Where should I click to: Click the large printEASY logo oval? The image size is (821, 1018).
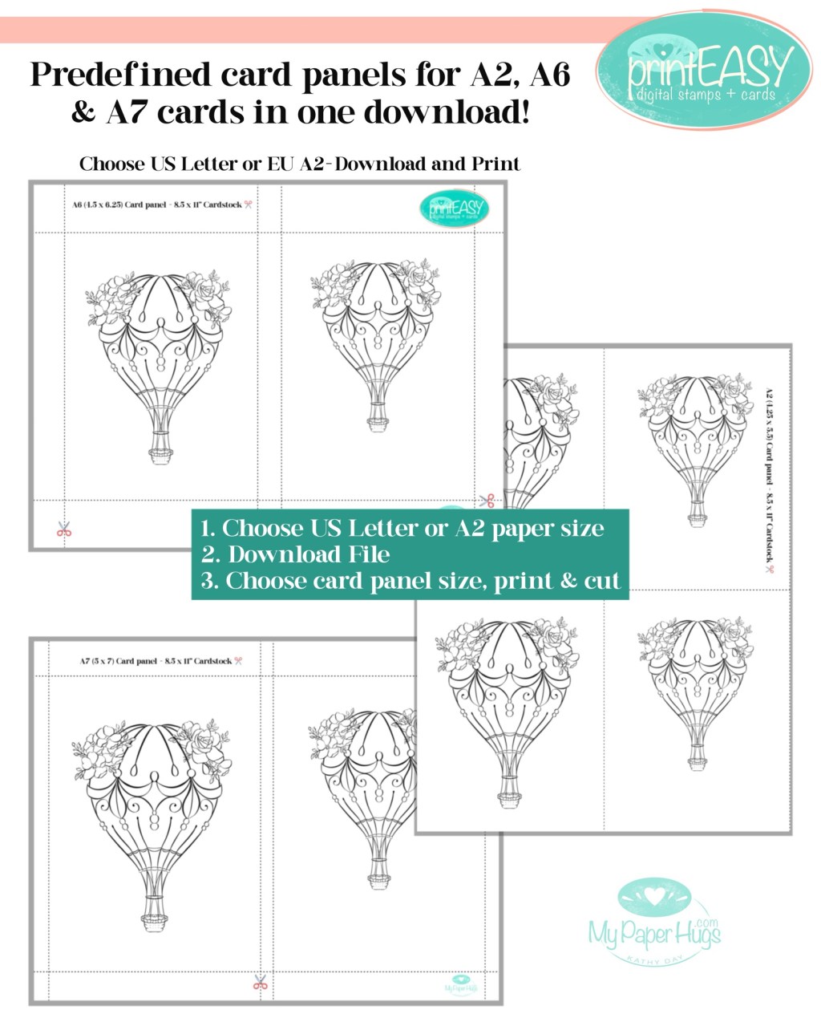[x=704, y=71]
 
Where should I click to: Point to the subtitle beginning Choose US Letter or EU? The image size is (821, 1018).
[x=300, y=164]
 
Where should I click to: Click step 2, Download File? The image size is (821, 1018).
[x=296, y=554]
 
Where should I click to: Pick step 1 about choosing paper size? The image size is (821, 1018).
[x=402, y=528]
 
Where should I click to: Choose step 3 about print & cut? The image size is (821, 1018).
[x=410, y=581]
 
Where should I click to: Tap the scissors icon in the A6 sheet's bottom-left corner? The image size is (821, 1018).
[x=64, y=529]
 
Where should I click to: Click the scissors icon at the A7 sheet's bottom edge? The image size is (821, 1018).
[x=260, y=982]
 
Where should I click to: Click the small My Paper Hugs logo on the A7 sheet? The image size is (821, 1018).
[x=461, y=985]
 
